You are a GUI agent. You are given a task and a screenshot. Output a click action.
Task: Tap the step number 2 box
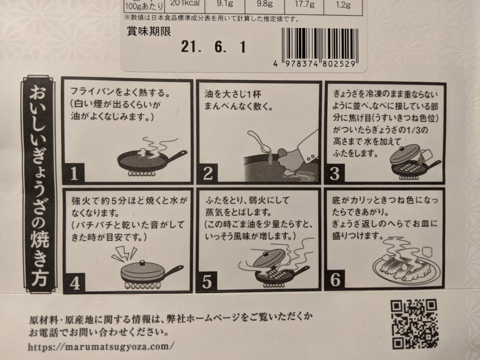pos(208,173)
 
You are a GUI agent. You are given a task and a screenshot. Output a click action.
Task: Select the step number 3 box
pos(335,173)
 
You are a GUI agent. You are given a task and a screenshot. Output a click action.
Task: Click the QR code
pos(413,324)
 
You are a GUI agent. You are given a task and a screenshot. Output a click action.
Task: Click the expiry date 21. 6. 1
pos(213,48)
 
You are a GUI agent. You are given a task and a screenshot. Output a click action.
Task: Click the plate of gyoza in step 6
pos(404,267)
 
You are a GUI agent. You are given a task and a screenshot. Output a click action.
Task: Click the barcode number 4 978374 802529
pos(315,64)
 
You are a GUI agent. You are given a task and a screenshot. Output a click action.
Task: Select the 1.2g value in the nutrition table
pos(345,5)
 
